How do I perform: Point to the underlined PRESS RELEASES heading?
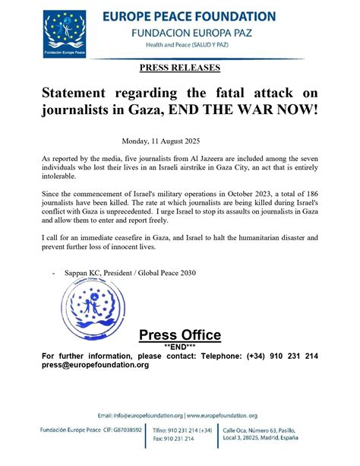pos(180,68)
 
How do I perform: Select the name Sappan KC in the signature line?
pos(88,272)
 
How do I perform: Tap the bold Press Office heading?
pos(180,335)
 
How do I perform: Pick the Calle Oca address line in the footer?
pos(258,430)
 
